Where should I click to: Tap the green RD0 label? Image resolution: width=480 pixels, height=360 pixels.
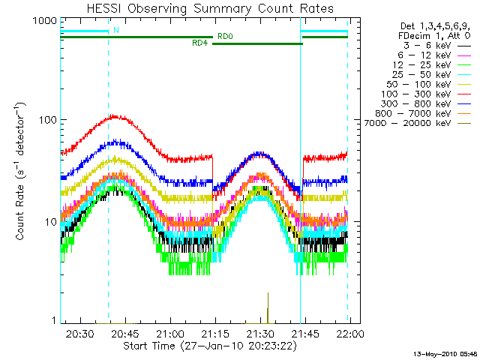click(225, 36)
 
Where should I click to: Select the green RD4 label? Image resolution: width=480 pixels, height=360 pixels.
click(200, 43)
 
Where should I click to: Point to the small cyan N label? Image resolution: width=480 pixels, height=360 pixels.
click(116, 30)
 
